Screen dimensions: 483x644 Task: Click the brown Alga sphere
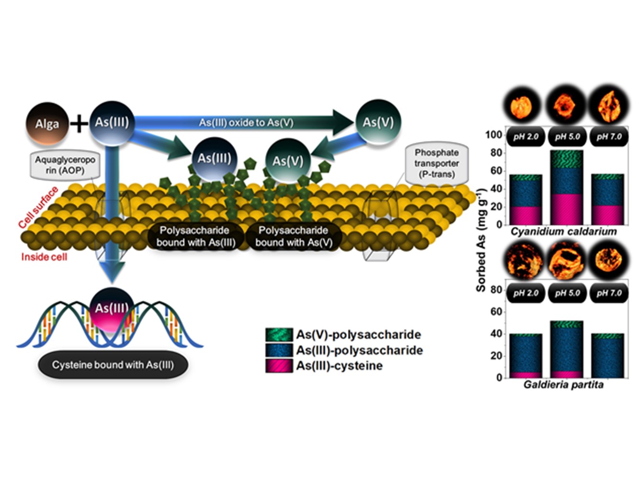pyautogui.click(x=47, y=124)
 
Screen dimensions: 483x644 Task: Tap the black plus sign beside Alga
pyautogui.click(x=79, y=124)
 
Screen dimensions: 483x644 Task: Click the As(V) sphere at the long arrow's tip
pyautogui.click(x=378, y=122)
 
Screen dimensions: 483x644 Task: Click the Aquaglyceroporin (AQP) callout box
pyautogui.click(x=65, y=165)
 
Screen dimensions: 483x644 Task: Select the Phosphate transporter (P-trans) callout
pyautogui.click(x=437, y=163)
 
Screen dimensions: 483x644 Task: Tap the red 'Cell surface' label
pyautogui.click(x=38, y=207)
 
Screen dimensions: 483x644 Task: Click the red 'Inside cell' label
pyautogui.click(x=44, y=257)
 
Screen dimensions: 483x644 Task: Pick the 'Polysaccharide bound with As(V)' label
pyautogui.click(x=293, y=237)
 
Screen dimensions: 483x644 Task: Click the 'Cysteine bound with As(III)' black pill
pyautogui.click(x=113, y=365)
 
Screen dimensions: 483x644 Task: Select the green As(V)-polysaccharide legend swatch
pyautogui.click(x=279, y=334)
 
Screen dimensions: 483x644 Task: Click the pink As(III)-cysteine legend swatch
pyautogui.click(x=279, y=366)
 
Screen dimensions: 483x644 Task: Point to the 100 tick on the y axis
pyautogui.click(x=493, y=135)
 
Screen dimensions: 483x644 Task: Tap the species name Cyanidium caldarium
pyautogui.click(x=563, y=232)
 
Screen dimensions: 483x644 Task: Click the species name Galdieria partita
pyautogui.click(x=563, y=385)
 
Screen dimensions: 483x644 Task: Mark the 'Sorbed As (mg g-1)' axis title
pyautogui.click(x=481, y=240)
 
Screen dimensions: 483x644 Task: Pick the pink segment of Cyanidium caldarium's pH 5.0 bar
pyautogui.click(x=567, y=209)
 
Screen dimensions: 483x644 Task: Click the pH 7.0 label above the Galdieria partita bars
pyautogui.click(x=609, y=293)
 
